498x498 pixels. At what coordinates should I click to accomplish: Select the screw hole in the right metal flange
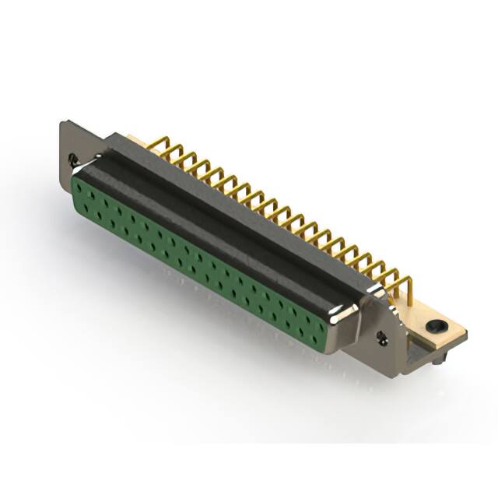(382, 337)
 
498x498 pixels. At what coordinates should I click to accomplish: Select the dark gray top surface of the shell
(233, 202)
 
